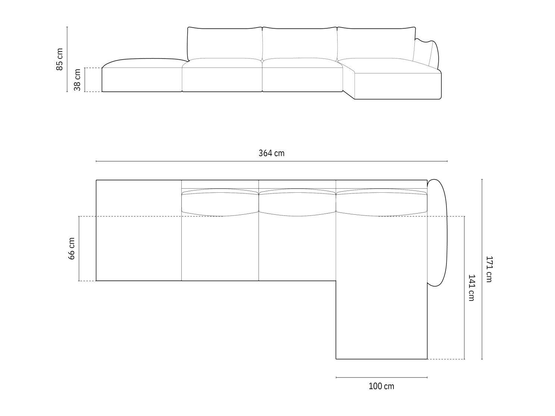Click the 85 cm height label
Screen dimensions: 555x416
click(x=60, y=59)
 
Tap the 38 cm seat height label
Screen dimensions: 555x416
click(x=77, y=80)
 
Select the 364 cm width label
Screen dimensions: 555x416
click(x=271, y=153)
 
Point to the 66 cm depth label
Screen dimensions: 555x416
click(x=72, y=249)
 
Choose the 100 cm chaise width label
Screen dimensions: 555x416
click(x=381, y=386)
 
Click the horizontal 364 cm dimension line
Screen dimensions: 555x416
click(x=272, y=161)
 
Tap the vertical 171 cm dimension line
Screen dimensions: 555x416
click(x=482, y=269)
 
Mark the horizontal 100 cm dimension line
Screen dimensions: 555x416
click(x=382, y=378)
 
